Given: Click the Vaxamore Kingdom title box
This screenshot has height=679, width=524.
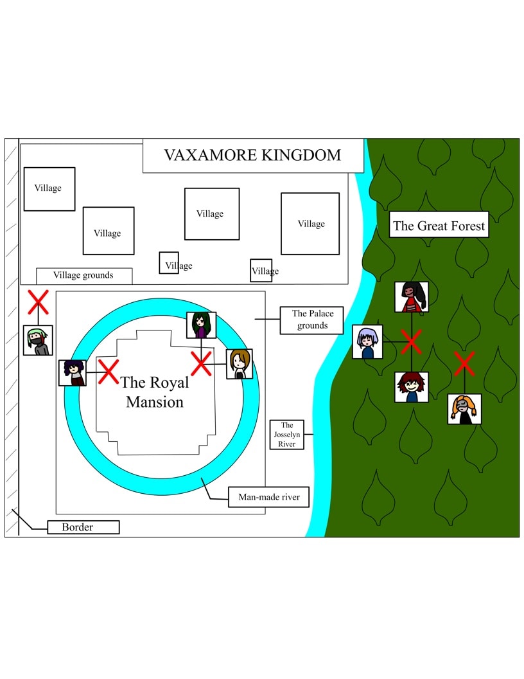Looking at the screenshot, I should point(252,156).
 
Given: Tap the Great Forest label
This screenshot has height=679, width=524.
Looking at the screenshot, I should point(439,226).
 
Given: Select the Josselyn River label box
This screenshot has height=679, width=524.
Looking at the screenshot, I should point(286,435).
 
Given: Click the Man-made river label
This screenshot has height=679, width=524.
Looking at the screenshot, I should point(265,497).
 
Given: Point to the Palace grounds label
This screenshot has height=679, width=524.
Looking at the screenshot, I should point(312,320).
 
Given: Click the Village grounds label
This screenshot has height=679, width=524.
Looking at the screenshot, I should point(84,275).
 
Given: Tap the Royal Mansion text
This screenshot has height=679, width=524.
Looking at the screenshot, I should point(155,392).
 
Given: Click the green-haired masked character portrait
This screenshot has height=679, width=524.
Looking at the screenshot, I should point(38,340).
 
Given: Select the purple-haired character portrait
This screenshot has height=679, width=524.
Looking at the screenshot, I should point(72,373).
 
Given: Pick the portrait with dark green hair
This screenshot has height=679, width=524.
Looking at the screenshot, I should point(201,325).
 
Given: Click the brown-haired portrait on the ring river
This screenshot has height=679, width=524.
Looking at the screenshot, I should point(239,364).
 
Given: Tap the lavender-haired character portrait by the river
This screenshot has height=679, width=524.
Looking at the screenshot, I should point(368,342).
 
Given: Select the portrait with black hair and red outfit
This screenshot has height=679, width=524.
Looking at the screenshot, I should point(412,297).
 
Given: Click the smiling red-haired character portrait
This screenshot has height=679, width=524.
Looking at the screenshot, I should point(412,387).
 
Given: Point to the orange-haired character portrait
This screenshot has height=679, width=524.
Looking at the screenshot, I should point(464,409).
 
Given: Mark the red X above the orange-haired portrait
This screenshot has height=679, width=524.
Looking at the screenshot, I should point(464,364).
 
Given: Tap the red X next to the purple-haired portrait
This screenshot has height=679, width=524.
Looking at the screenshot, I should point(108,372).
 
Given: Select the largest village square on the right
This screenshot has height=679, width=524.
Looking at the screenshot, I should point(310,224).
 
